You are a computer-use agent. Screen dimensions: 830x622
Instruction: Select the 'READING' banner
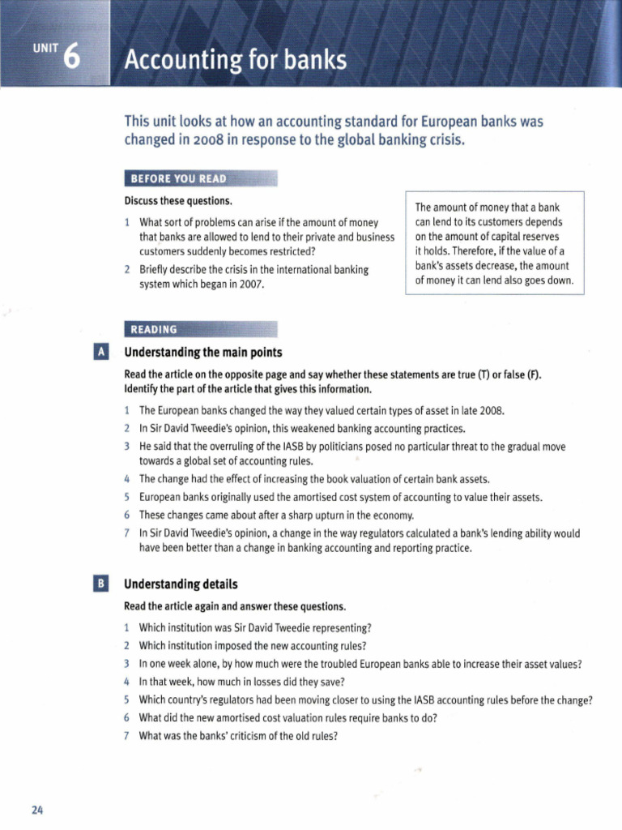(x=151, y=329)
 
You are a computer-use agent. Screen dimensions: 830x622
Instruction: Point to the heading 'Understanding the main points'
(x=202, y=353)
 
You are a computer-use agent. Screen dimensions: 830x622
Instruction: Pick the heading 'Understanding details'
(x=181, y=584)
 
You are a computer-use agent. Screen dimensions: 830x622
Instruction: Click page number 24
(x=37, y=810)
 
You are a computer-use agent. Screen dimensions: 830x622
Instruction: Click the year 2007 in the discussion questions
(x=246, y=285)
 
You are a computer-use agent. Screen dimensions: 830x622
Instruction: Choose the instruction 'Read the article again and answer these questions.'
(x=235, y=605)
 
